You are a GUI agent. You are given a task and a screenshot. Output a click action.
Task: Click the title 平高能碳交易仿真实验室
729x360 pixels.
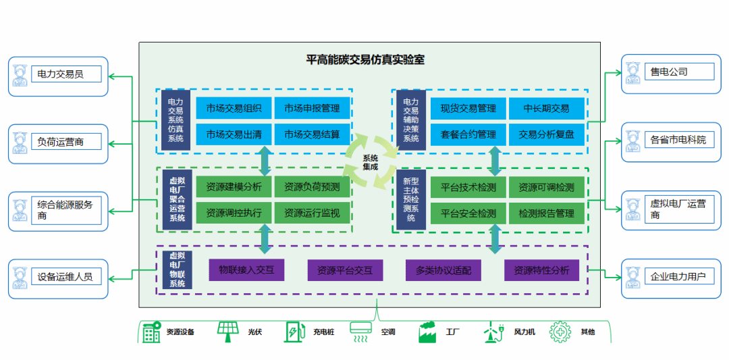tap(365, 59)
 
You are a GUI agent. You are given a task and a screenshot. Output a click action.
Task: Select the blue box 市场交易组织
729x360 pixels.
tap(234, 108)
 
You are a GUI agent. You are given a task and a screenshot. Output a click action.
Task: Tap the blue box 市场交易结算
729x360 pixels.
tap(312, 134)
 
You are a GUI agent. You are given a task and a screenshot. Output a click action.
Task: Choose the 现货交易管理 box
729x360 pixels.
tap(468, 108)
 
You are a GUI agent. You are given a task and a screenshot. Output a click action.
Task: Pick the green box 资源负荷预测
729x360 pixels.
tap(312, 187)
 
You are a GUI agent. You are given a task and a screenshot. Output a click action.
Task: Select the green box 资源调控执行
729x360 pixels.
tap(234, 213)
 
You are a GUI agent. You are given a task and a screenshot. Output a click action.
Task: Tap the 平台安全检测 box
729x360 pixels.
tap(468, 213)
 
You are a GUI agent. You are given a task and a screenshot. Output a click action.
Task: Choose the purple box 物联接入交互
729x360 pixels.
tap(246, 270)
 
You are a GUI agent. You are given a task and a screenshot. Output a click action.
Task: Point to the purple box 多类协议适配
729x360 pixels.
tap(443, 271)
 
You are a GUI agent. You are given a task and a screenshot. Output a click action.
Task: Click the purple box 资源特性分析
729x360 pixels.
tap(541, 270)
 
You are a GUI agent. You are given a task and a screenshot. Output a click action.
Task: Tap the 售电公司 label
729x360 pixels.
tap(669, 72)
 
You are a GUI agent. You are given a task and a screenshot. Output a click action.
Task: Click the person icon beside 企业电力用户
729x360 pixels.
tap(632, 277)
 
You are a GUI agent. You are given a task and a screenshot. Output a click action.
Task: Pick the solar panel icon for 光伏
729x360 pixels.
tap(228, 331)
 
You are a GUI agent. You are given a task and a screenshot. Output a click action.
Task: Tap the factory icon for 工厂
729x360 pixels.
tap(427, 332)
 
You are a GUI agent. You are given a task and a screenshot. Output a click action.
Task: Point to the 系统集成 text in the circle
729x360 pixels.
tap(371, 162)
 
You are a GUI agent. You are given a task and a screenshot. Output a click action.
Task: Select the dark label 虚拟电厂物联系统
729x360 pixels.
tap(178, 269)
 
